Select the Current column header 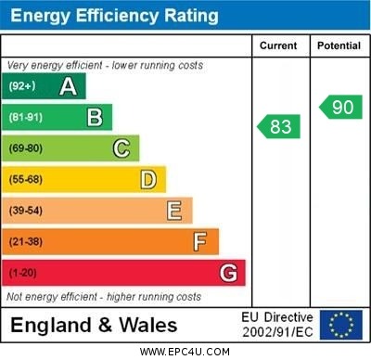(x=278, y=45)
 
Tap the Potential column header (x=339, y=45)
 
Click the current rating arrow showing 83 (x=279, y=126)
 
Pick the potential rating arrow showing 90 (x=340, y=107)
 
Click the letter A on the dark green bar (x=68, y=86)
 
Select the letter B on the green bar (x=95, y=117)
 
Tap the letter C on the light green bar (x=122, y=148)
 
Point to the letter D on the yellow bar (x=148, y=179)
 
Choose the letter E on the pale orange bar (x=174, y=211)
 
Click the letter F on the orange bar (x=200, y=241)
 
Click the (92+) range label (x=24, y=86)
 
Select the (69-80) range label (x=27, y=148)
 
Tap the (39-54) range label (x=27, y=211)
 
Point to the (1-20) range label (x=24, y=273)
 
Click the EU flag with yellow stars (x=341, y=325)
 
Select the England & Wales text (x=94, y=325)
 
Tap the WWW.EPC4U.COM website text (x=185, y=352)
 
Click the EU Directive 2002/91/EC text (x=277, y=325)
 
